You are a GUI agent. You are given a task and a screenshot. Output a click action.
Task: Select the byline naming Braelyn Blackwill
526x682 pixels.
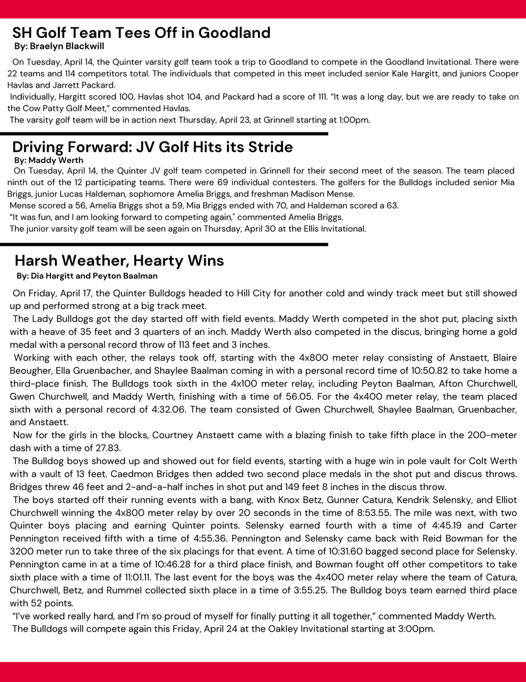point(59,46)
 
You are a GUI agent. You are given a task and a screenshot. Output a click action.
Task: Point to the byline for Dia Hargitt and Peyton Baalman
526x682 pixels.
point(87,276)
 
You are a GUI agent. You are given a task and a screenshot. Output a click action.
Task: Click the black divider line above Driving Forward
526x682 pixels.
point(164,134)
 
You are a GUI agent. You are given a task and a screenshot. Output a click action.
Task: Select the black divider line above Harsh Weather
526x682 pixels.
point(164,244)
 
